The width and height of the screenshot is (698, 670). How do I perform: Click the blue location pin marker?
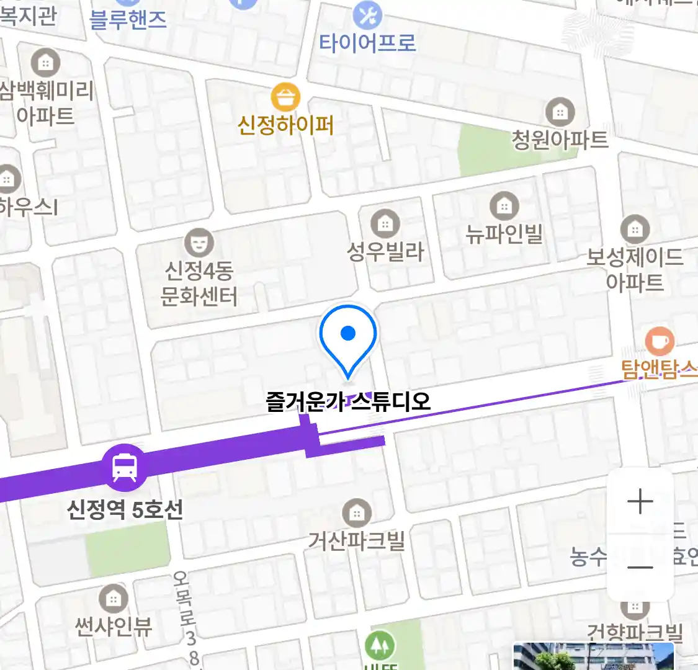(348, 339)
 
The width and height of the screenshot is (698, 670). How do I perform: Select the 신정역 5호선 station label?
(125, 510)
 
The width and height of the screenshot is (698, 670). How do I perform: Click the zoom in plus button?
(640, 501)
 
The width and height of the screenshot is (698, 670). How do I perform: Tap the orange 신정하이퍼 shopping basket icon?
(285, 97)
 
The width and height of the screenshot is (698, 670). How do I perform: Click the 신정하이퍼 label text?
(285, 125)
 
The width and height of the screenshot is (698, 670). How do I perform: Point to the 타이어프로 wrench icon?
(367, 16)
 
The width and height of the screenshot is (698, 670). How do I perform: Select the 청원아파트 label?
(560, 140)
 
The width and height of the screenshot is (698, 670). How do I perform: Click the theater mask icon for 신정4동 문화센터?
(199, 243)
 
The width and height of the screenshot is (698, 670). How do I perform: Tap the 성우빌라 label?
(385, 252)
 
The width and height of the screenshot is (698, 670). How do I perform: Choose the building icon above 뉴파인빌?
(504, 205)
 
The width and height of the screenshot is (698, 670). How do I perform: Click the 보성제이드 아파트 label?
(635, 269)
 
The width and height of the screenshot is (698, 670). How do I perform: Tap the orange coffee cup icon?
(660, 341)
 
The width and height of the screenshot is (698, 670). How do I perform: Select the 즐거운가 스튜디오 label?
(348, 401)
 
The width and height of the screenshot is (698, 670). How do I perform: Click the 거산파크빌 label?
(356, 541)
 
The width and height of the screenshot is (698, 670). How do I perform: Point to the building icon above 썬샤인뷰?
(113, 599)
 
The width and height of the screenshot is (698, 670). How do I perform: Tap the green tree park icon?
(380, 645)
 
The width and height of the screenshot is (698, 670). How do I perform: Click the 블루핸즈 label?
(128, 19)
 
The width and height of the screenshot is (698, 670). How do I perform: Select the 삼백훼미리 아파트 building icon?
(45, 63)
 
